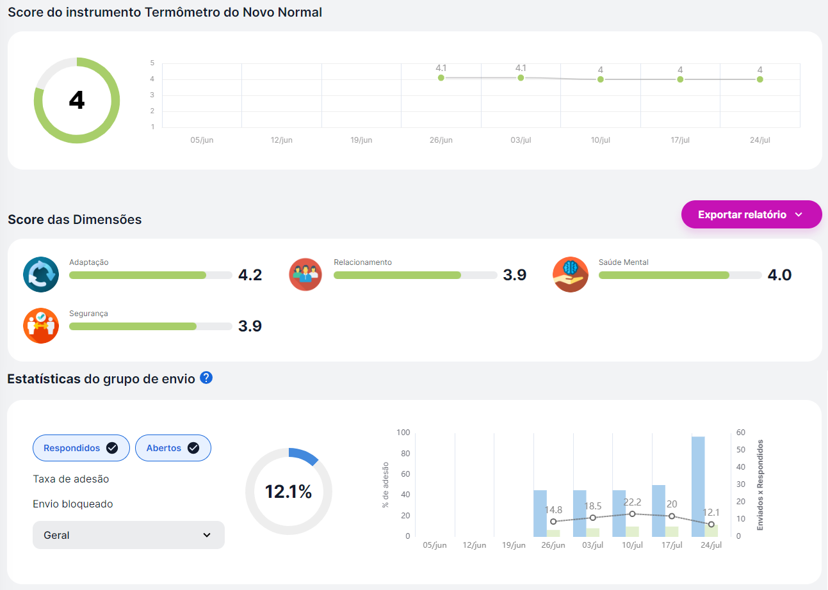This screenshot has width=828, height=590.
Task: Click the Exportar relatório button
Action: tap(751, 215)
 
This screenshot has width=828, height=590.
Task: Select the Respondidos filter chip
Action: tap(81, 448)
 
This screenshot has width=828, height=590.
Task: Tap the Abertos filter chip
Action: tap(173, 448)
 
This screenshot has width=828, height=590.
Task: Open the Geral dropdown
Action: tap(128, 535)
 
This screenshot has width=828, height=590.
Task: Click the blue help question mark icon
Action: tap(206, 378)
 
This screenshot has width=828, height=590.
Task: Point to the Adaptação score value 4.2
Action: tap(250, 275)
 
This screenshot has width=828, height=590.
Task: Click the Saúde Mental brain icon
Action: tap(570, 275)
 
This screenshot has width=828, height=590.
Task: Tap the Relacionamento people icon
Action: tap(305, 275)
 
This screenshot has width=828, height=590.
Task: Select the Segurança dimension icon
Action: tap(41, 326)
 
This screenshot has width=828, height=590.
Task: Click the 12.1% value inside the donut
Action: tap(288, 491)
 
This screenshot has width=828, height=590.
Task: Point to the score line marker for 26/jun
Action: tap(441, 77)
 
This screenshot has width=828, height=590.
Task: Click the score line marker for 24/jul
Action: tap(759, 79)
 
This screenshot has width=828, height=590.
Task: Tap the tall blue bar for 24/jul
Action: tap(698, 486)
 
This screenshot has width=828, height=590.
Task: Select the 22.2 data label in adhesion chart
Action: tap(632, 502)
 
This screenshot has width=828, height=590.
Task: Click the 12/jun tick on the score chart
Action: tap(282, 140)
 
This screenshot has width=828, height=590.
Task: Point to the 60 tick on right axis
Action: tap(740, 433)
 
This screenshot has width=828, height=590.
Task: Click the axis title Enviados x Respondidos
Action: tap(760, 484)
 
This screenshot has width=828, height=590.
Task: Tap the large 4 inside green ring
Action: tap(77, 100)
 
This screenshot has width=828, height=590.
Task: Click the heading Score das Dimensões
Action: tap(74, 219)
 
